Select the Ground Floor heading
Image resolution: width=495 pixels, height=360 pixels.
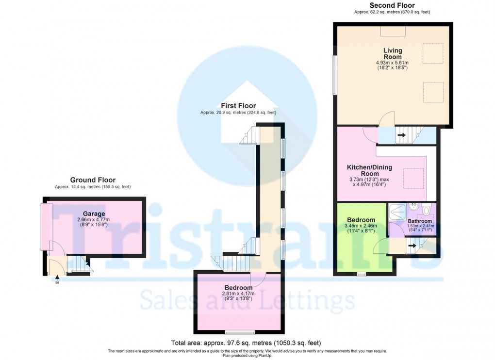pos(93,180)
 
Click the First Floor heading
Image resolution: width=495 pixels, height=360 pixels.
pos(238,106)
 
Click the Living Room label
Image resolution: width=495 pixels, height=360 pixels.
pos(392,53)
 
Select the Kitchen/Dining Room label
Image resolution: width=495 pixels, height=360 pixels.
pos(369,170)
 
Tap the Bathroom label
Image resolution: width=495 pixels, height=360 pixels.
pos(419,221)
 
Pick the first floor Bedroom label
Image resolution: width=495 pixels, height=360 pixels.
pos(238,288)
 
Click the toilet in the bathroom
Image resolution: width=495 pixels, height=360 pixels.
pos(426,210)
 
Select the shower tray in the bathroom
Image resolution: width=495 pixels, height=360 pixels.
pos(398,212)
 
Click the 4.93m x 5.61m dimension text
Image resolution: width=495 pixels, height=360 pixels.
pos(392,63)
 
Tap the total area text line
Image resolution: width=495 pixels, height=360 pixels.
pos(246,343)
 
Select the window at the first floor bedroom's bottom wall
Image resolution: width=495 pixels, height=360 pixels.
pos(239,332)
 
